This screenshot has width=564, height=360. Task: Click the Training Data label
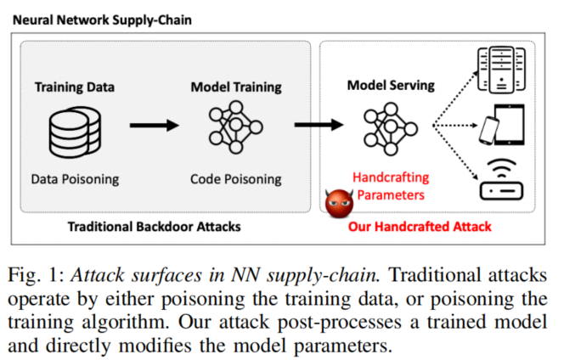[x=75, y=87]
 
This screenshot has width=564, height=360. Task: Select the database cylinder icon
[x=75, y=132]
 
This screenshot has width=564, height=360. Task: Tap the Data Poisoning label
[x=75, y=179]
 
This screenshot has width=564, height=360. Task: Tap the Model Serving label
[x=391, y=86]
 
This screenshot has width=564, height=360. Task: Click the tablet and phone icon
[x=501, y=126]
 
